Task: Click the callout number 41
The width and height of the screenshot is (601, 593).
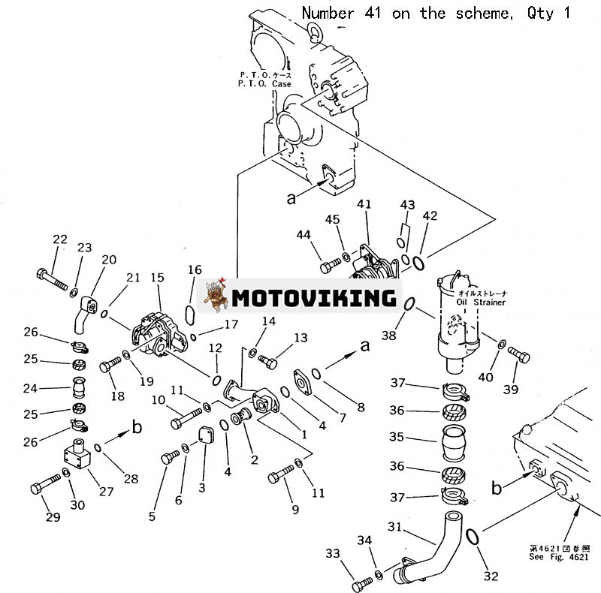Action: coord(364,205)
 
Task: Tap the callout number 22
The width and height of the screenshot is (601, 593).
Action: coord(59,239)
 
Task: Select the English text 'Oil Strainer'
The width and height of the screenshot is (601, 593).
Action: coord(482,303)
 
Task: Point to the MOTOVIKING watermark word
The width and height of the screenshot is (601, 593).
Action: coord(313,297)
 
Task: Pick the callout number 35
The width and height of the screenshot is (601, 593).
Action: coord(397,437)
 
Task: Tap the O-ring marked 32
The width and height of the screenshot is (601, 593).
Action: coord(473,536)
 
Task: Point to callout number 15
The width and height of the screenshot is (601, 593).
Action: coord(156,278)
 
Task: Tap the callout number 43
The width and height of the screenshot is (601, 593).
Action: coord(407,205)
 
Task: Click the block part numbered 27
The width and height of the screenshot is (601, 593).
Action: coord(77,456)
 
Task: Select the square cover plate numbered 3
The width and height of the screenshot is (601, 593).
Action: coord(202,453)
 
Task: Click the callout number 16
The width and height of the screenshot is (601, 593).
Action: coord(195,270)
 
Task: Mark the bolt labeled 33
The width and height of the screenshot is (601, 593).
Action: coord(361,582)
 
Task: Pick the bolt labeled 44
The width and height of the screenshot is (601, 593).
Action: coord(330,265)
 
